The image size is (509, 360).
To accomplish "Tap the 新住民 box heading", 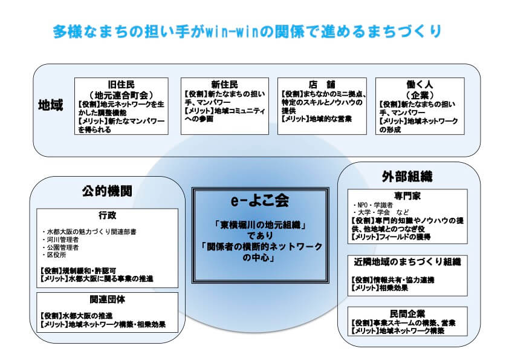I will [x=224, y=85].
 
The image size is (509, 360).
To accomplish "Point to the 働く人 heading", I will [x=420, y=85].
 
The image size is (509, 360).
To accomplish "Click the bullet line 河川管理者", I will [x=61, y=240].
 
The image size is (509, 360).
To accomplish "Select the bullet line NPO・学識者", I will [x=372, y=205].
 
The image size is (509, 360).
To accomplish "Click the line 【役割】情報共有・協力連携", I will [x=393, y=280].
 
